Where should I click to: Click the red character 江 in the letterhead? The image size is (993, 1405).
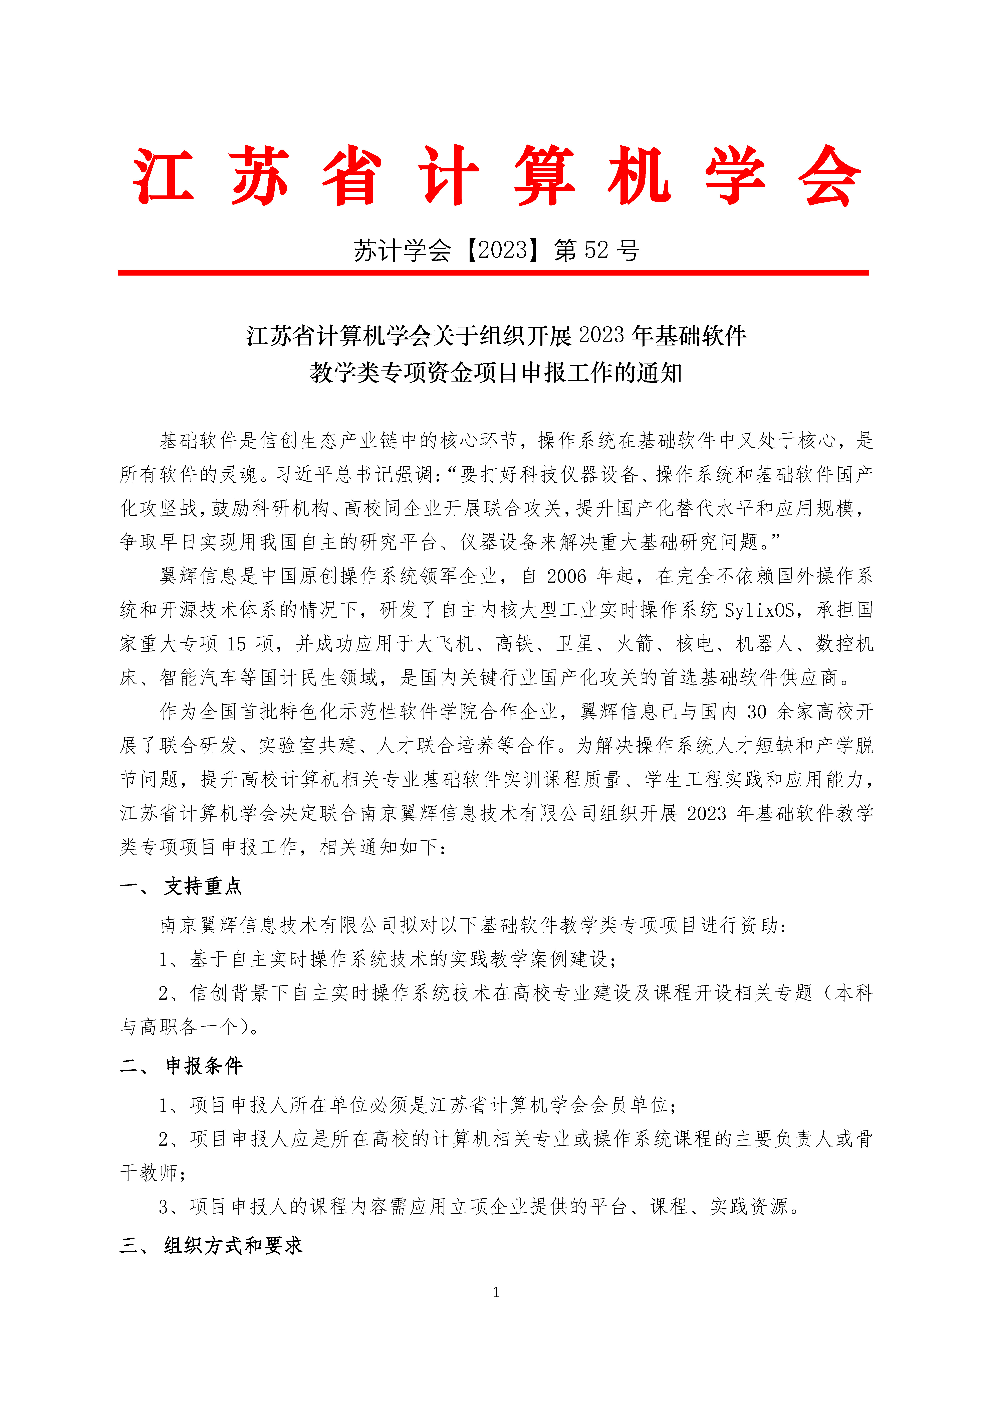(x=163, y=176)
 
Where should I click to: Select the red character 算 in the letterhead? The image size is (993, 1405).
(x=544, y=176)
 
